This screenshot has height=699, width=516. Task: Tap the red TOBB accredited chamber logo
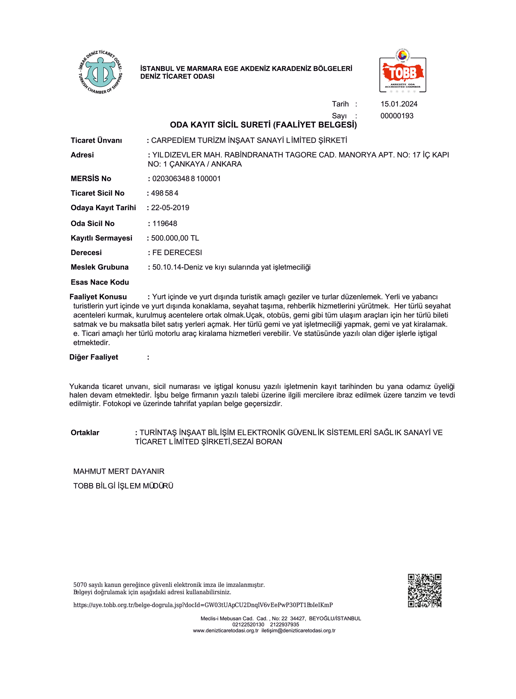coord(403,72)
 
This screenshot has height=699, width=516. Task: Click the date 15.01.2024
coord(399,104)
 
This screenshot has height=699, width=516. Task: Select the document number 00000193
coord(397,116)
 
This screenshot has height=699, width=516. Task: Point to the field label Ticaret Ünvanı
coord(96,140)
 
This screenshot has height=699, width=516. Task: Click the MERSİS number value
coord(186,179)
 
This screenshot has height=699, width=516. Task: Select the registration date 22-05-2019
coord(170,208)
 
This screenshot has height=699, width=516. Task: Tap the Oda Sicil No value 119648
coord(164,224)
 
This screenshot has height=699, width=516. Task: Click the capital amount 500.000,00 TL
coord(175,238)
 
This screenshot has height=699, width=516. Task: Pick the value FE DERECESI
coord(177,253)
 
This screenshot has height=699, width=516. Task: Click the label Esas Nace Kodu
coord(100,282)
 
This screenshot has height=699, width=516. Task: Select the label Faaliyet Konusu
coord(98,297)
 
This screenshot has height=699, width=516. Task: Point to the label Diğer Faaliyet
coord(94,357)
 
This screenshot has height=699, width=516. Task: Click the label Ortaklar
coord(85,433)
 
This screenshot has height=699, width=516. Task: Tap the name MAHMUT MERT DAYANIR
coord(119,471)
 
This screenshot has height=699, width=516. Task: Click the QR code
coord(424,591)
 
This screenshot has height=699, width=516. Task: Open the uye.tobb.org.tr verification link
coord(203,605)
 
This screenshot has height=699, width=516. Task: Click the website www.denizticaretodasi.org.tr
coord(226,630)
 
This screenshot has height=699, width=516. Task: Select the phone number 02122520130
coord(248,624)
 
